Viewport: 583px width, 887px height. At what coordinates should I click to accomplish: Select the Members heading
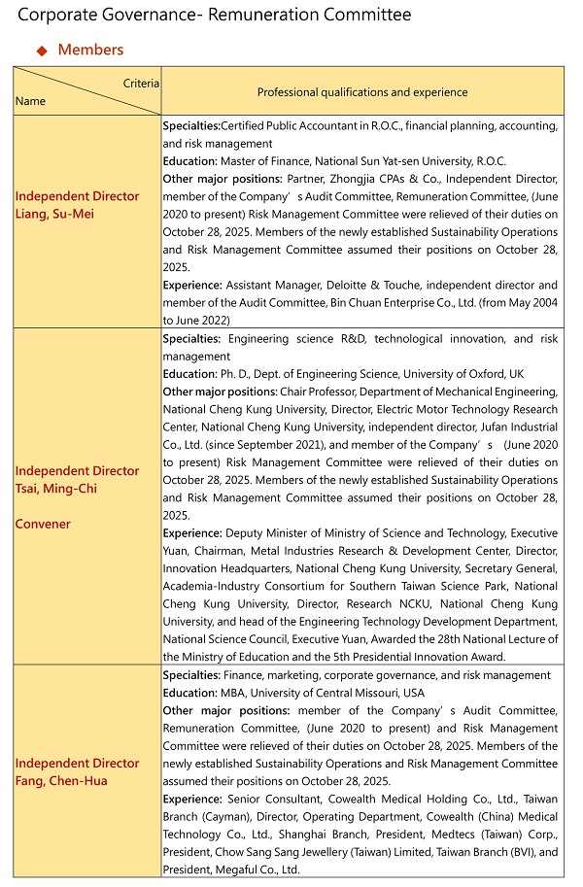click(90, 50)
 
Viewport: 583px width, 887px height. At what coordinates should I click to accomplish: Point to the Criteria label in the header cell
click(141, 85)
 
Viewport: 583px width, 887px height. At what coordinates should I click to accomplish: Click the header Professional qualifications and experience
click(362, 92)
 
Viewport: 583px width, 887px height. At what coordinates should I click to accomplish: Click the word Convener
click(43, 525)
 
